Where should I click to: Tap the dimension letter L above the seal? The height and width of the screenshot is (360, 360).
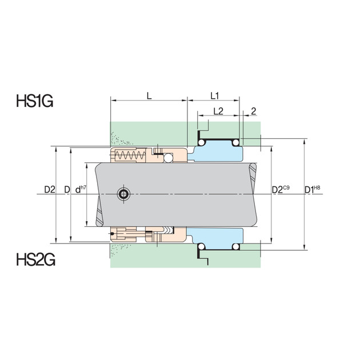click(149, 97)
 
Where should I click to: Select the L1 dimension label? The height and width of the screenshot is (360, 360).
click(216, 97)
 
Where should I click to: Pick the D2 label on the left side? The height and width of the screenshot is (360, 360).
click(50, 189)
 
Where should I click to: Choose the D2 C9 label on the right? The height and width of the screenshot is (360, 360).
click(281, 189)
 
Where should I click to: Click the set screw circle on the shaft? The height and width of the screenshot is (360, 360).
click(122, 194)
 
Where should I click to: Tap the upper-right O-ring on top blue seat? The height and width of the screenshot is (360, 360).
click(235, 141)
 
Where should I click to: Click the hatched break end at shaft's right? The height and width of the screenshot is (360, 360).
click(254, 194)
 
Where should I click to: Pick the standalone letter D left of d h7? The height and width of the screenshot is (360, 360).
click(67, 189)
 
